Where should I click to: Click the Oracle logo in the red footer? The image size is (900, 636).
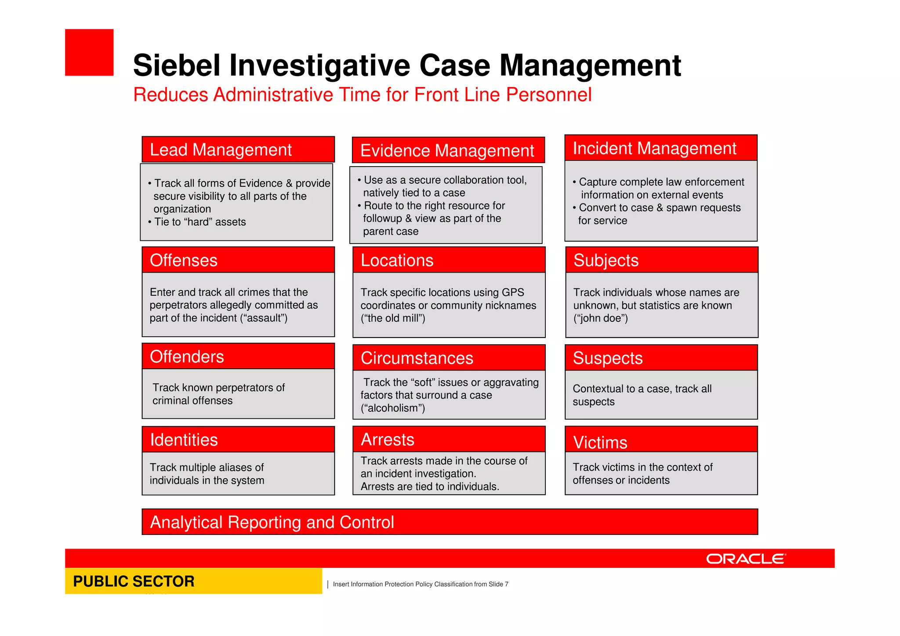tap(745, 559)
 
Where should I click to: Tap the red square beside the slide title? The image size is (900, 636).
tap(89, 53)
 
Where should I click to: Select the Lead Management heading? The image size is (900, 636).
tap(221, 150)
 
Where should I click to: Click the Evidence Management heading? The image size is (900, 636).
tap(447, 151)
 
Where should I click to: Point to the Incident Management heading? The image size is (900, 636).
tap(654, 149)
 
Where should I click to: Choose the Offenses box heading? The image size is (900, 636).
tap(184, 260)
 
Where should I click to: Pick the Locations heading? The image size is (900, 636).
tap(397, 260)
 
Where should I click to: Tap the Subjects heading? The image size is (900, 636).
tap(606, 260)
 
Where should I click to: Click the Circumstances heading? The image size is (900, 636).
tap(417, 358)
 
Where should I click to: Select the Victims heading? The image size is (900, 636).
tap(600, 442)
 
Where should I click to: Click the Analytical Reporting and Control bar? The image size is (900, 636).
tap(450, 522)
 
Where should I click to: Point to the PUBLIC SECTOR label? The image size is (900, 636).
tap(134, 581)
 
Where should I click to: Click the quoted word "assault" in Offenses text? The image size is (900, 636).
tap(264, 318)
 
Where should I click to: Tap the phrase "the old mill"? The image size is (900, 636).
tap(393, 318)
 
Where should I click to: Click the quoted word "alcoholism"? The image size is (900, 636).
tap(393, 408)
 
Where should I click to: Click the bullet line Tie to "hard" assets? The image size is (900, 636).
tap(200, 222)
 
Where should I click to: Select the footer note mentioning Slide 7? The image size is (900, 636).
tap(420, 584)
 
